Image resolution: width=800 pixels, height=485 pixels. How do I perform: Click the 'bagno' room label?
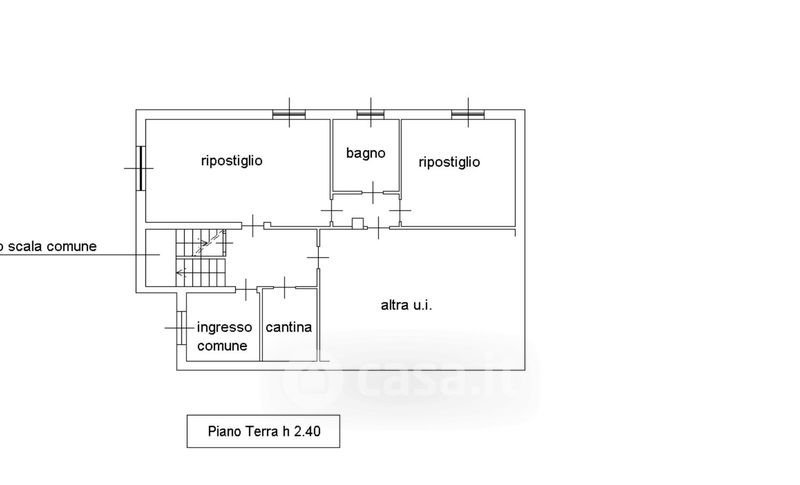coord(366,153)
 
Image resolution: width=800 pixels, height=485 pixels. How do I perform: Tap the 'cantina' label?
coord(288,327)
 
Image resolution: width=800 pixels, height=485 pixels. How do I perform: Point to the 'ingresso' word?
coord(224,327)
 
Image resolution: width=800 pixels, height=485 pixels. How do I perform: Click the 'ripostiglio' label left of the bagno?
coord(232,160)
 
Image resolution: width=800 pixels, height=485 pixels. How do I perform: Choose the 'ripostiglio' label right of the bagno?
coord(449,161)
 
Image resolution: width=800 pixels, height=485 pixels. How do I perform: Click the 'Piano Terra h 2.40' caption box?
coord(263,432)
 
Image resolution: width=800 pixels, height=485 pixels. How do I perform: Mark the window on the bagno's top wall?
coord(371,114)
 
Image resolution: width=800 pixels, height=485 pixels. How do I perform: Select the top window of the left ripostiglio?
coord(288,114)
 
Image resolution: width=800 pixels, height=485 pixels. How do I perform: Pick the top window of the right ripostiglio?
coord(466,114)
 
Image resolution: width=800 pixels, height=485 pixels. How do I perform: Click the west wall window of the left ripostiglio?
coord(141,168)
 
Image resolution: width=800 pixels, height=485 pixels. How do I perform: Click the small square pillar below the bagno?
coord(356,223)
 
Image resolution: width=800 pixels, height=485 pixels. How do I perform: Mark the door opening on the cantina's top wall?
coord(285,289)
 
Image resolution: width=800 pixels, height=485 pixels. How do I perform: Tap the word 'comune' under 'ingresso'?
coord(223,346)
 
